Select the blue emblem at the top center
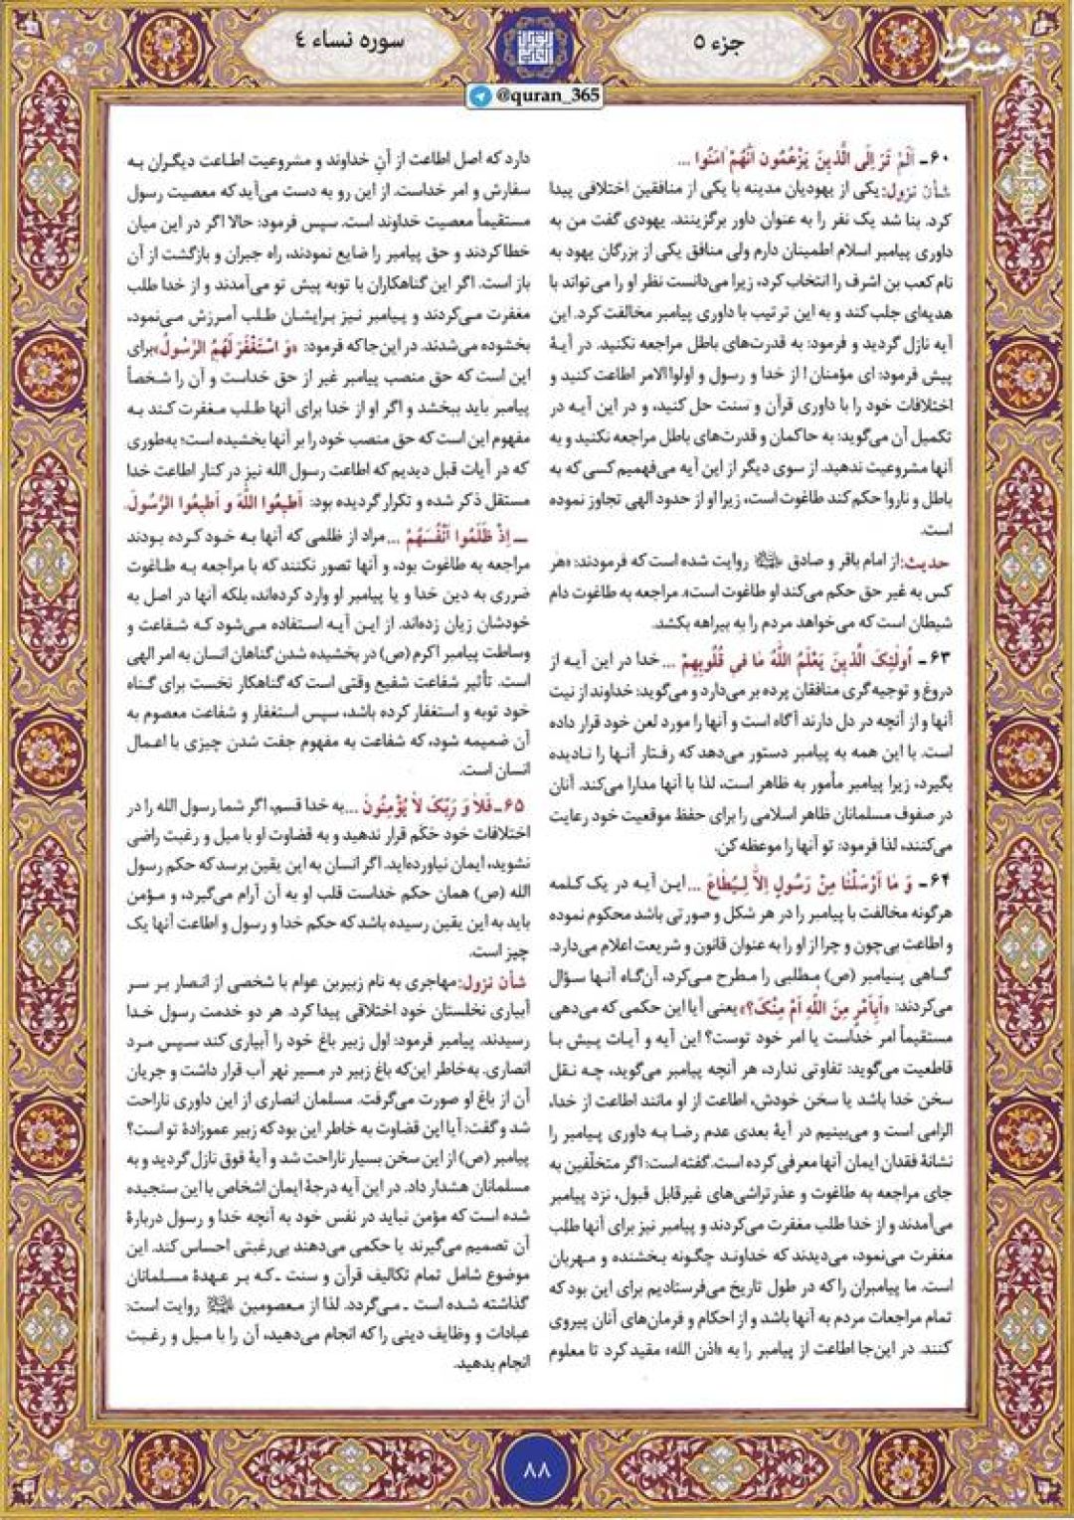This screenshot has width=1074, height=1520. pos(537,46)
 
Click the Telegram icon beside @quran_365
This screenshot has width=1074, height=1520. pos(481,95)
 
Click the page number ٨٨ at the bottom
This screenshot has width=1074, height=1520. pos(536,1466)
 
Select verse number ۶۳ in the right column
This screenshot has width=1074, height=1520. pos(939,660)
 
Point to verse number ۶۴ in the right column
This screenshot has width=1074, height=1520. pos(939,882)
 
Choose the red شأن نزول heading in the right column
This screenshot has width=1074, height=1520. pos(924,189)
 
